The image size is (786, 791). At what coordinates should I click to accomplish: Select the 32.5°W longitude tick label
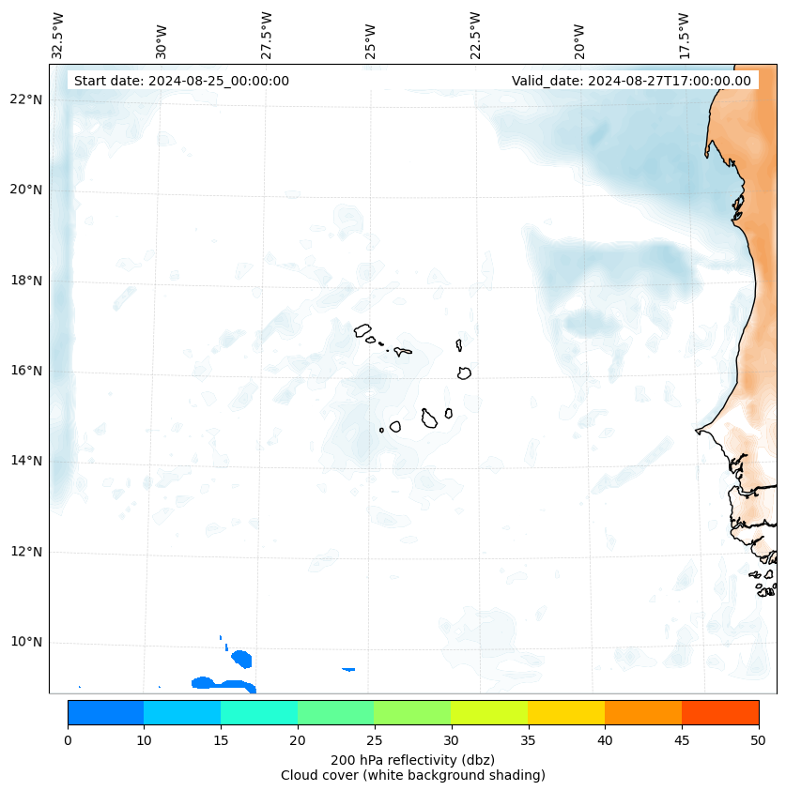(x=59, y=36)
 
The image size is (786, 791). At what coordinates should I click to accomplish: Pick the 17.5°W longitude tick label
(x=685, y=36)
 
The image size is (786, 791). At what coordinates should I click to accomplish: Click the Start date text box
(x=181, y=81)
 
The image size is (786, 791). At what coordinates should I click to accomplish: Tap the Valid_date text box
(x=631, y=81)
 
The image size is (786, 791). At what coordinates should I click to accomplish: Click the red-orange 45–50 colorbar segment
(x=720, y=712)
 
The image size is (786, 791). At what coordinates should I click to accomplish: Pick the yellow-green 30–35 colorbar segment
(x=489, y=712)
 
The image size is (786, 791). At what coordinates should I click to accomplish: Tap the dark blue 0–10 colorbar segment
(x=105, y=712)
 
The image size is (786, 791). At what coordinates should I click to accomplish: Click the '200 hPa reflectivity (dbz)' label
(x=412, y=759)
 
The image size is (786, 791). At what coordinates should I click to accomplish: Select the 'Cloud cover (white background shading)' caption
(x=412, y=775)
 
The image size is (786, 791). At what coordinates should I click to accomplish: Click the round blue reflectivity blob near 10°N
(x=241, y=659)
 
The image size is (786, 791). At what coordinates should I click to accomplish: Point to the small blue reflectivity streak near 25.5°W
(x=348, y=669)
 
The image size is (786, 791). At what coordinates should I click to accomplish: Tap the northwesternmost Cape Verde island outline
(x=362, y=330)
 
